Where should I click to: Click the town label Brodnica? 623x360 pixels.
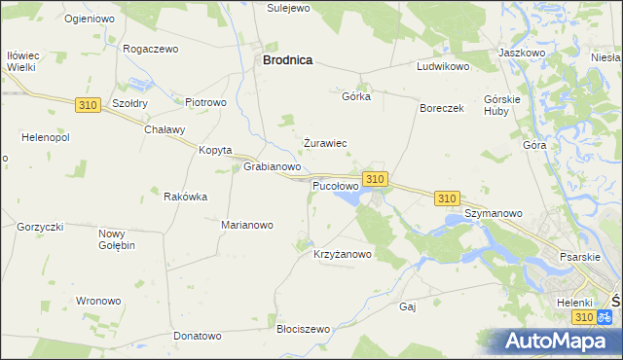tap(286, 60)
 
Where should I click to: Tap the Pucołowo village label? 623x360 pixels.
tap(336, 185)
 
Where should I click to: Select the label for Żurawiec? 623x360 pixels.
tap(325, 143)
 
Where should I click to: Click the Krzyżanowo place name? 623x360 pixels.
tap(343, 255)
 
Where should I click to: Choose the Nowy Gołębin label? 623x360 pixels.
tap(117, 238)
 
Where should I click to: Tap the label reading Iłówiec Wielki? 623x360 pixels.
tap(21, 61)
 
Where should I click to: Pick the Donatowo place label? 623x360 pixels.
tap(198, 336)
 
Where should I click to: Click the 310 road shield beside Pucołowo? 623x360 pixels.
tap(376, 179)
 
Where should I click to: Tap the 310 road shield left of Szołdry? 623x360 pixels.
tap(86, 104)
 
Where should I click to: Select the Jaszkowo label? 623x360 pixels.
tap(521, 52)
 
